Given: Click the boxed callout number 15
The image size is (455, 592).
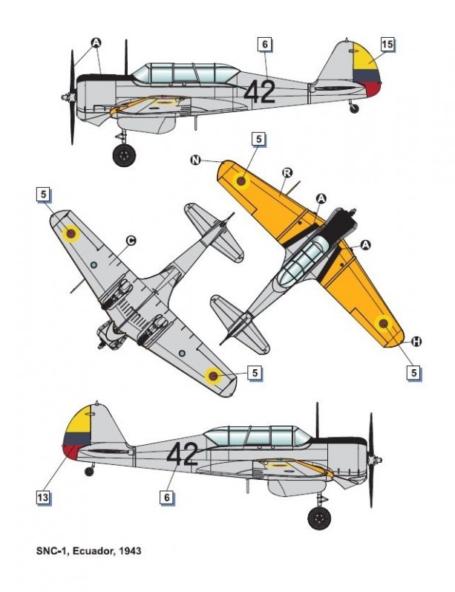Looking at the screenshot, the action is [387, 45].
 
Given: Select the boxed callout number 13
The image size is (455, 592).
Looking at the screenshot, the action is [44, 497].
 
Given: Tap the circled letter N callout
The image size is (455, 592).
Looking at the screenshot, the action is [196, 160].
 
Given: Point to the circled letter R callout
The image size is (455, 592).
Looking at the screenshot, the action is [287, 172].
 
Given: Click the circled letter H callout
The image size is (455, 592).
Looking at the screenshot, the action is [416, 341].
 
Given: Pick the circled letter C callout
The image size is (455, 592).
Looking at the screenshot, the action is [130, 240].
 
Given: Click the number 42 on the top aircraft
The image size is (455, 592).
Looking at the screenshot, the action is [259, 91].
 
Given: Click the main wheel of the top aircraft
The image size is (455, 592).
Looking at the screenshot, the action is [124, 154].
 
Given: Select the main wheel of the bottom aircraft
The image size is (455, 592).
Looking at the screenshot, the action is [320, 517].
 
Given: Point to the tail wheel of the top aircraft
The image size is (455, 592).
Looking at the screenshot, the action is [354, 108].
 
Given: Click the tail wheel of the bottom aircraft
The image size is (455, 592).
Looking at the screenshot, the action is [90, 471].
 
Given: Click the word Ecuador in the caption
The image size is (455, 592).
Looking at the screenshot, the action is [89, 552].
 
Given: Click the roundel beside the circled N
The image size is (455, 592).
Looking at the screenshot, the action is [241, 180].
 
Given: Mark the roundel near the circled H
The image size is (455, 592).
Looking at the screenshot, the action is [383, 323].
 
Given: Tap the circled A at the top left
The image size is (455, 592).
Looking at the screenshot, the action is [96, 42].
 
